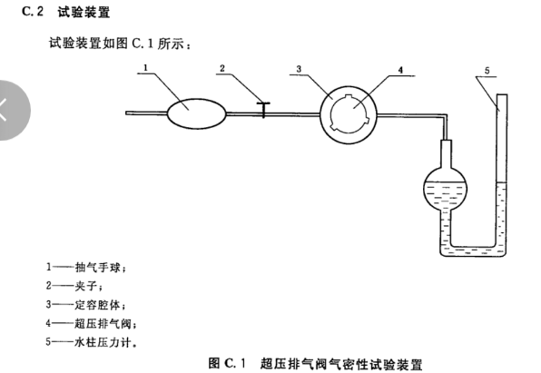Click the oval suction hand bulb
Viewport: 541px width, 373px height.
(194, 112)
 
